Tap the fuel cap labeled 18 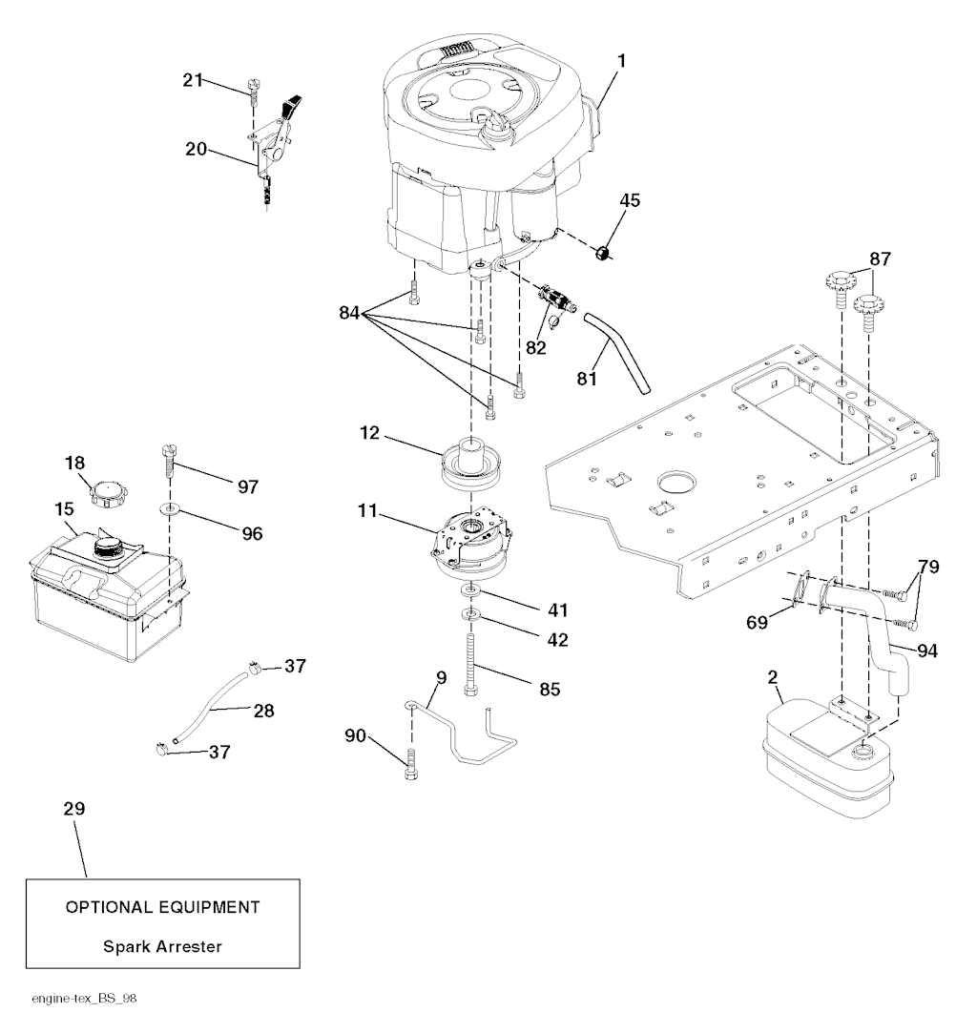[107, 494]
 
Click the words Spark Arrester [162, 947]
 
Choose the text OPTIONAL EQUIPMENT [162, 906]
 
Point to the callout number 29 [73, 809]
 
